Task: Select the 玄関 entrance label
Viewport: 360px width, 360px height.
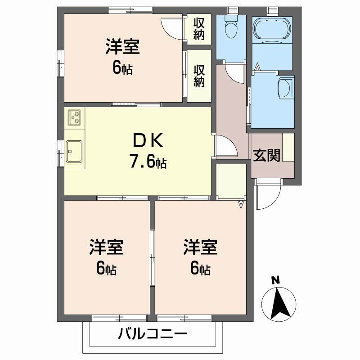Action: (266, 155)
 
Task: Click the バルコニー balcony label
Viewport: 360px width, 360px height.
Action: (153, 334)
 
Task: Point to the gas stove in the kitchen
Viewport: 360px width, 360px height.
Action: (75, 117)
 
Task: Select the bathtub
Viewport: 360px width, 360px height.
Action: (271, 29)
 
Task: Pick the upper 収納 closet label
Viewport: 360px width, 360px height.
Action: (199, 28)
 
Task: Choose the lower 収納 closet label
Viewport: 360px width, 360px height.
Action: (199, 76)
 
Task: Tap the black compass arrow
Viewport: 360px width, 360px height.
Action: (282, 302)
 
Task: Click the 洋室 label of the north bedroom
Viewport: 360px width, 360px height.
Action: (122, 47)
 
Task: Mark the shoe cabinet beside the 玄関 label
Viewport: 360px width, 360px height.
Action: (288, 147)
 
